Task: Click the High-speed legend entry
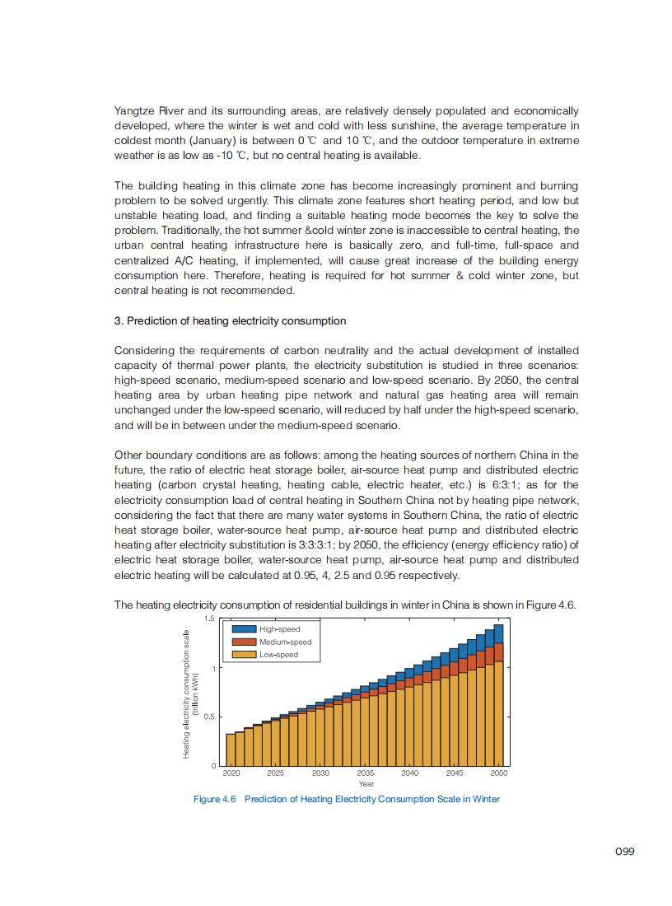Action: (x=279, y=629)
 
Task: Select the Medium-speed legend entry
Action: (x=285, y=642)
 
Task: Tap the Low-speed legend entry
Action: (x=278, y=655)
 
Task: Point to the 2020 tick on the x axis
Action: (x=231, y=773)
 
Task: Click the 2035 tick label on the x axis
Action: (x=365, y=773)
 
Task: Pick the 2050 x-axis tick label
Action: (x=499, y=773)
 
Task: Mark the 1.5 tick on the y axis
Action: (x=209, y=619)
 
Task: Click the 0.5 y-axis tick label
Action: (x=209, y=717)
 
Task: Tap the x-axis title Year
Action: (x=366, y=784)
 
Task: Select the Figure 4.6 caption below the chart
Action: (x=346, y=799)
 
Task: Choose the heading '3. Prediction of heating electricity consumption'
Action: (x=230, y=320)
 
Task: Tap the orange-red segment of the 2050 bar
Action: (x=499, y=652)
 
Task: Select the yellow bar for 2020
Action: (x=231, y=750)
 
